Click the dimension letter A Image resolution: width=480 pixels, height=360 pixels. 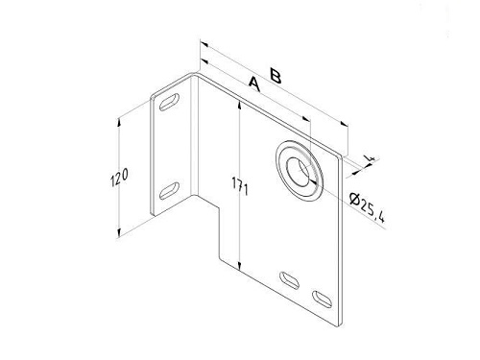pyautogui.click(x=254, y=84)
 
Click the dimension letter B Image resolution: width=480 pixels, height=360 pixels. pyautogui.click(x=276, y=76)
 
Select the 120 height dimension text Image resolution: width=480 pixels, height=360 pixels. pyautogui.click(x=119, y=177)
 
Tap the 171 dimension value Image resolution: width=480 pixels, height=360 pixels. pyautogui.click(x=240, y=186)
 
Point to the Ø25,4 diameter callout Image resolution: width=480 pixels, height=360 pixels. pyautogui.click(x=368, y=207)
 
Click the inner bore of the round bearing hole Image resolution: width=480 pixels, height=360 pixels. pyautogui.click(x=299, y=171)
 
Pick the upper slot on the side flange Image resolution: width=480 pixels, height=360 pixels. pyautogui.click(x=169, y=102)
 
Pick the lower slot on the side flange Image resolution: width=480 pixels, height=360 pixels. pyautogui.click(x=169, y=191)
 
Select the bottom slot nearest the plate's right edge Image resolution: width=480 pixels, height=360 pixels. pyautogui.click(x=323, y=300)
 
